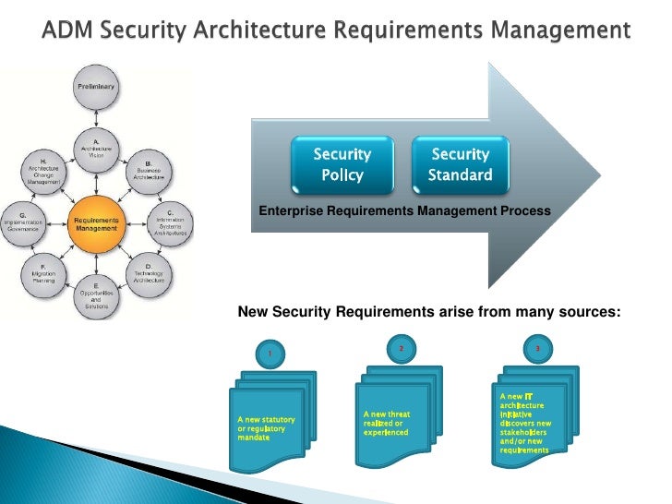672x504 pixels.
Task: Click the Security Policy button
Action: [x=342, y=164]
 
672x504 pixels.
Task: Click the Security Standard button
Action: [x=460, y=164]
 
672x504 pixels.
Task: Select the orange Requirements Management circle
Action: [x=97, y=224]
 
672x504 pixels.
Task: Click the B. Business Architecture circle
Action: [x=150, y=171]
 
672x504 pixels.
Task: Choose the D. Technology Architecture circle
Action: [x=150, y=276]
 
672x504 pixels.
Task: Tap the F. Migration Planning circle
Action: [x=43, y=276]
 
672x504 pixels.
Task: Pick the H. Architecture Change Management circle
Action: [x=43, y=171]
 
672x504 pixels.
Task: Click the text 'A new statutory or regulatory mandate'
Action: [x=262, y=429]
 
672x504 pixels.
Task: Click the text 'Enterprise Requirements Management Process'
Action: [x=404, y=212]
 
